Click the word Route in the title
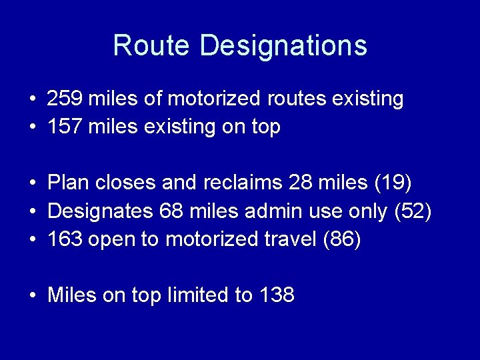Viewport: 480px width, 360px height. click(x=153, y=45)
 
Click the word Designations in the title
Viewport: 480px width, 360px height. click(x=283, y=45)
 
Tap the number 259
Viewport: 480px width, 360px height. click(x=65, y=99)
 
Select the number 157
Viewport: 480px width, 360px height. click(x=65, y=127)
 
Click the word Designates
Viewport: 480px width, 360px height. click(x=100, y=211)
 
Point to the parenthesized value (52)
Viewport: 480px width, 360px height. click(x=413, y=211)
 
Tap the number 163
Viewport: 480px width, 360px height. click(x=65, y=239)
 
